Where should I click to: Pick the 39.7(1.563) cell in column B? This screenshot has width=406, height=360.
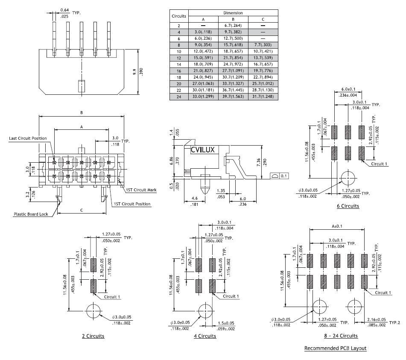tap(233, 97)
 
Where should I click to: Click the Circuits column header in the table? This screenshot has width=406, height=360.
tap(179, 16)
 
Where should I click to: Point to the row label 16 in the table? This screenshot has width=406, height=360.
tap(179, 70)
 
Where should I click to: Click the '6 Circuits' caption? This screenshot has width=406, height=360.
tap(348, 206)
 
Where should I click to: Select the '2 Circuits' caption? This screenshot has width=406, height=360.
tap(93, 336)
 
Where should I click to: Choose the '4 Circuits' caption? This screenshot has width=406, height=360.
tap(205, 336)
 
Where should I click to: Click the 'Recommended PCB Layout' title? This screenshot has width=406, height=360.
tap(335, 348)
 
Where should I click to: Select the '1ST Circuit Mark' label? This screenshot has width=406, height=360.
tap(141, 190)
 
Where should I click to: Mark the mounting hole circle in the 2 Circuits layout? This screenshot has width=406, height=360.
tap(93, 311)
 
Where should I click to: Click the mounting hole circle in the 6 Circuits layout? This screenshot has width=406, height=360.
tap(348, 178)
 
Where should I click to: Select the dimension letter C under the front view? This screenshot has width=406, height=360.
tap(81, 210)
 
